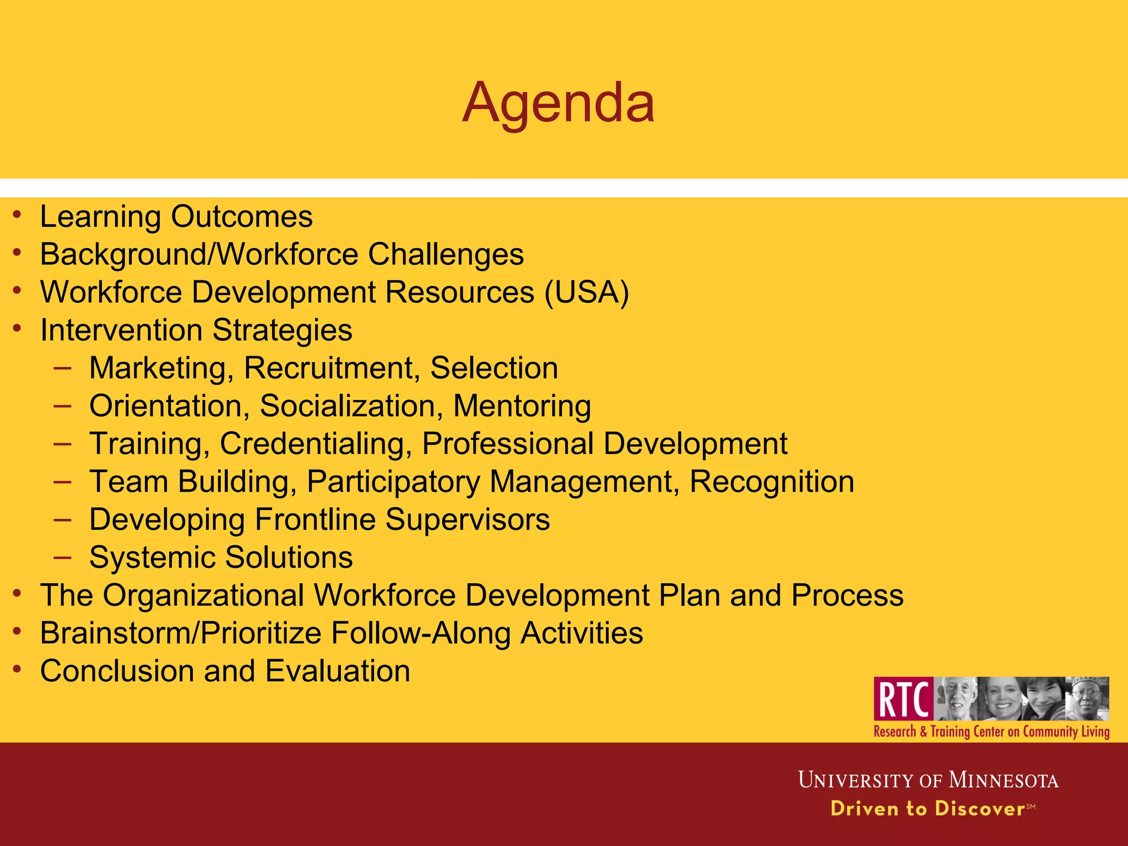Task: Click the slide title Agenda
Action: coord(558,103)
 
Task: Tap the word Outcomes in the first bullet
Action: coord(242,216)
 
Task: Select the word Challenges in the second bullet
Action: coord(446,254)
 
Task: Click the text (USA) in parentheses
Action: coord(587,292)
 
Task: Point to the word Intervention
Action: coord(121,330)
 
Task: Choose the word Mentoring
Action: coord(522,406)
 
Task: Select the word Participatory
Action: coord(393,482)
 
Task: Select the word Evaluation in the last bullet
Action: coord(338,671)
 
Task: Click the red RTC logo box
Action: coord(903,698)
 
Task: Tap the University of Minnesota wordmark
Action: coord(928,780)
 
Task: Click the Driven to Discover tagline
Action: coord(928,809)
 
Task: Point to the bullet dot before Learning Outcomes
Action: coord(18,214)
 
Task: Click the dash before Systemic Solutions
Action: coord(63,557)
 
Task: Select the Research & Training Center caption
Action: coord(991,731)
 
